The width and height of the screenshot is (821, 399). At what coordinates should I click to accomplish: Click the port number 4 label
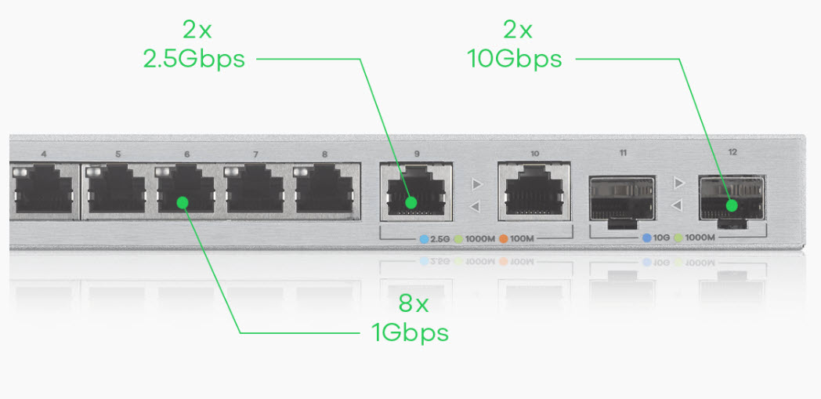pos(43,154)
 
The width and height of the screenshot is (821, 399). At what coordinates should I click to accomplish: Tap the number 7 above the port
pos(255,154)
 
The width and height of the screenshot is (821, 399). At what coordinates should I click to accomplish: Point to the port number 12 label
pos(732,152)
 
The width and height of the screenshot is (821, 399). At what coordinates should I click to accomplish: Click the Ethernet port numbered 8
pos(324,189)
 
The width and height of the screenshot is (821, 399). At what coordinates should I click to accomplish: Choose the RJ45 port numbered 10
pos(534,190)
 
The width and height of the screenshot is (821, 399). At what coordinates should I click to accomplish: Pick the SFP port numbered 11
pos(622,202)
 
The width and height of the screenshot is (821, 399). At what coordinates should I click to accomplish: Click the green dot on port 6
pos(183,202)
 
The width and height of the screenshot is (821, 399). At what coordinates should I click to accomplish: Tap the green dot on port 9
pos(411,202)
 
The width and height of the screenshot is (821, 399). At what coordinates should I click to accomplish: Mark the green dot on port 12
pos(732,205)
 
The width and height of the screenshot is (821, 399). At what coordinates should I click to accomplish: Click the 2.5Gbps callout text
pos(193,60)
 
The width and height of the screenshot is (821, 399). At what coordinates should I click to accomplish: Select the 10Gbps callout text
pos(515,59)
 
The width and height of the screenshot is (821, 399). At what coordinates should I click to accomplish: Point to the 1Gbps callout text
pos(410,332)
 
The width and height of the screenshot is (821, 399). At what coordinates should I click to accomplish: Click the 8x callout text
pos(414,303)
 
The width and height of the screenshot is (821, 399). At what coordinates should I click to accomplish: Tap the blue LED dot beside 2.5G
pos(424,239)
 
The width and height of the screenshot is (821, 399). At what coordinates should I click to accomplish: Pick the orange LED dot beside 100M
pos(504,239)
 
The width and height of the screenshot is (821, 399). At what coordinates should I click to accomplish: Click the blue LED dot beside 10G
pos(647,238)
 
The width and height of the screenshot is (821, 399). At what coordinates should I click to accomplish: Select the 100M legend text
pos(522,239)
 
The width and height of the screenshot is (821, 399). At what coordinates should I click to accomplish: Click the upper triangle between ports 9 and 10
pos(476,184)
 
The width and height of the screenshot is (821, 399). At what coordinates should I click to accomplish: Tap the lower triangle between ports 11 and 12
pos(677,205)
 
